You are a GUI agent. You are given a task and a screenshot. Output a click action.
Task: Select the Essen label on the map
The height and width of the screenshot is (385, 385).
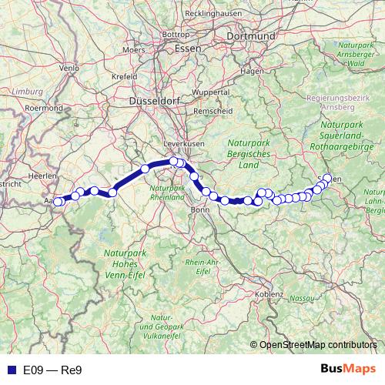point(188,48)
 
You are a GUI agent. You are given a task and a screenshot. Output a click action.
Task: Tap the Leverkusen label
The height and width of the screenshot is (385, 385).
point(184,144)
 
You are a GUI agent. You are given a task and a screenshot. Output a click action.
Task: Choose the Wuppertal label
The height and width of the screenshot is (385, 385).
point(210,92)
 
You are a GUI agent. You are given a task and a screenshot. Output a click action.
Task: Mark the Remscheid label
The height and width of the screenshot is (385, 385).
point(214,112)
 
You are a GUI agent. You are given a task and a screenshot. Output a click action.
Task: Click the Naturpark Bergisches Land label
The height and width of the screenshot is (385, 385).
point(249,153)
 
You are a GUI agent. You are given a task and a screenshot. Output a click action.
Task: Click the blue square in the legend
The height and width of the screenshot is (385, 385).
point(9,369)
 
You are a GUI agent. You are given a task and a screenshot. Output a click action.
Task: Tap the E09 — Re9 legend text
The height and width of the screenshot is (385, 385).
point(52,370)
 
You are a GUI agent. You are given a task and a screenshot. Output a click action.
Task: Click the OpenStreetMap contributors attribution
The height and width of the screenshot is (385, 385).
point(318,345)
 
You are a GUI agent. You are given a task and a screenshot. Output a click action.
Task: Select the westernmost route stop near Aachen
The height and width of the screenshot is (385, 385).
point(57,202)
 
